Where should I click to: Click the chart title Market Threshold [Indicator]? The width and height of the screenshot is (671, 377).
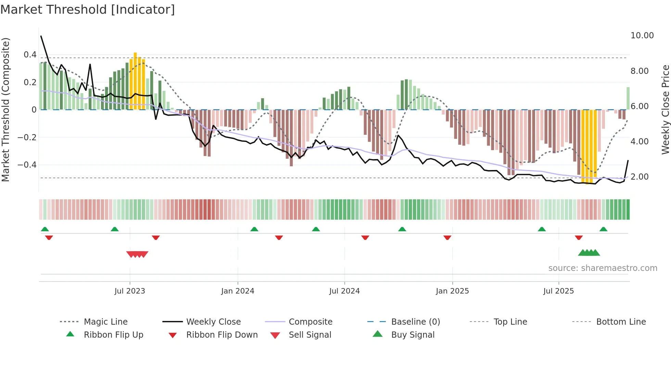pyautogui.click(x=88, y=10)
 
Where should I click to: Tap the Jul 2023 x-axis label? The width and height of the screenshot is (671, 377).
pyautogui.click(x=130, y=291)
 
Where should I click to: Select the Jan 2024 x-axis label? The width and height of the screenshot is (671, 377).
pyautogui.click(x=238, y=291)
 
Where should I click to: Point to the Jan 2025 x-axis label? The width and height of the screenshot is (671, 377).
pyautogui.click(x=452, y=291)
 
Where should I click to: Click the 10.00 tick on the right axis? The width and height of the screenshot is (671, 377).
pyautogui.click(x=642, y=36)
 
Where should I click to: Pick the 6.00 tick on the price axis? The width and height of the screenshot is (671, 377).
pyautogui.click(x=640, y=106)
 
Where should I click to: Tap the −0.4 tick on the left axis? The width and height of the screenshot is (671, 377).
pyautogui.click(x=27, y=165)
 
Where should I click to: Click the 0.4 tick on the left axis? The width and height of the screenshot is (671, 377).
pyautogui.click(x=30, y=55)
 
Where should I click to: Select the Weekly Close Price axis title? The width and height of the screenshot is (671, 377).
pyautogui.click(x=665, y=109)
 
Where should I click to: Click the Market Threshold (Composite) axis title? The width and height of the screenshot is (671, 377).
pyautogui.click(x=5, y=109)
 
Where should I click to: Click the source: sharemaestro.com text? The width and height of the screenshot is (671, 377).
pyautogui.click(x=603, y=268)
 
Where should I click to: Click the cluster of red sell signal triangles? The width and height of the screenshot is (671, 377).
pyautogui.click(x=137, y=254)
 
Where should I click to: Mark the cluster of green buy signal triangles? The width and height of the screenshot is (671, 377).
pyautogui.click(x=589, y=253)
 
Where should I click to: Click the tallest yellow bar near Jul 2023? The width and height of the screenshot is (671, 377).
pyautogui.click(x=135, y=81)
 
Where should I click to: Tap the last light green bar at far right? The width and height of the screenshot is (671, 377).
pyautogui.click(x=628, y=99)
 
